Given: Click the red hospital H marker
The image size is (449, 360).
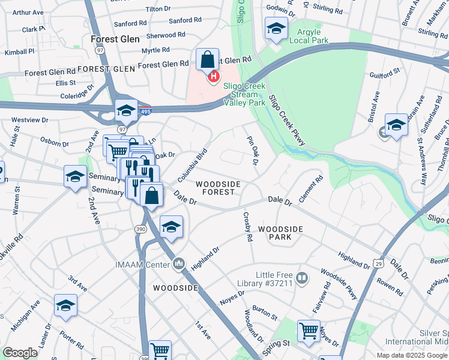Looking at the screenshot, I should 212,76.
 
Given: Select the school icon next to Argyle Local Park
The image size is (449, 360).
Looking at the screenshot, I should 276,28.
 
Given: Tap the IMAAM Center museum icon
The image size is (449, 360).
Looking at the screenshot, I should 179,263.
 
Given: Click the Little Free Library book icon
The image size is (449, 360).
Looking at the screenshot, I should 302,278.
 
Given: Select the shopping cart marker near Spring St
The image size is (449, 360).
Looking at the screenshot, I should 309,330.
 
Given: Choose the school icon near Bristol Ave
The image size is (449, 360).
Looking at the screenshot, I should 396,124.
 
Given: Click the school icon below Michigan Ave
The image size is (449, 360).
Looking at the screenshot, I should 65,305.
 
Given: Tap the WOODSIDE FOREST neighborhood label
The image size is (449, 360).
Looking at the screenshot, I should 218,188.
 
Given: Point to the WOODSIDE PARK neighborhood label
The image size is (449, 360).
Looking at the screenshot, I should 281,233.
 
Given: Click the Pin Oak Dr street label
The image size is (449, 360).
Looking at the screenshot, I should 252,151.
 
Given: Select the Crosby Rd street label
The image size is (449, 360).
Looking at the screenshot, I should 247,226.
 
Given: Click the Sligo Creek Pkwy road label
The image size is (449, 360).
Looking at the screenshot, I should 287,120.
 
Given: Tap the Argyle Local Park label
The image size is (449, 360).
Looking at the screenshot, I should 309,35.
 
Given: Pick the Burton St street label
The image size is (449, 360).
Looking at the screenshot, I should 265,312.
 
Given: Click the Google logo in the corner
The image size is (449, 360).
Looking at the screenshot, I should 20,353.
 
